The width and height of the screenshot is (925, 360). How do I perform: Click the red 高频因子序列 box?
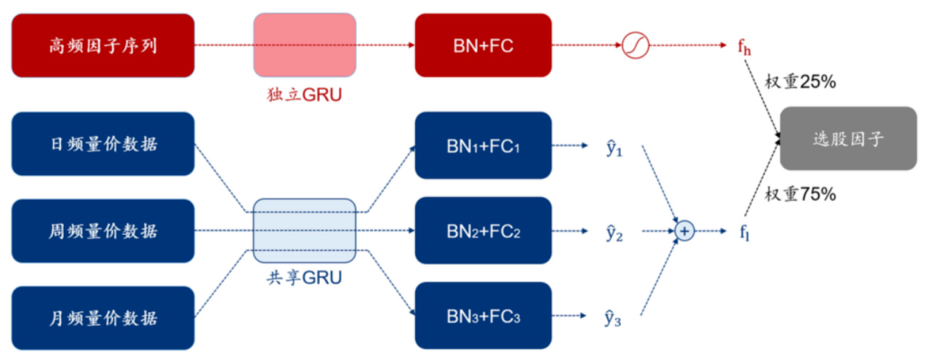click(x=103, y=45)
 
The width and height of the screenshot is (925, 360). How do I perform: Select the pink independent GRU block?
click(x=305, y=45)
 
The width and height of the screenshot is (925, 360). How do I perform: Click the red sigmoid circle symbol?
click(x=634, y=46)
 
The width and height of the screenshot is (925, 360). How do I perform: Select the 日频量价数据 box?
click(x=103, y=144)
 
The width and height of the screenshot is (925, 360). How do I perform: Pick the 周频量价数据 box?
click(x=103, y=231)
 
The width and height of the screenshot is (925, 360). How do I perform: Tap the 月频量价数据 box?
click(x=103, y=318)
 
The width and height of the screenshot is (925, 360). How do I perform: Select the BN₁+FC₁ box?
click(x=484, y=145)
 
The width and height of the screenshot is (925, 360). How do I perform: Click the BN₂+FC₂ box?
click(x=484, y=231)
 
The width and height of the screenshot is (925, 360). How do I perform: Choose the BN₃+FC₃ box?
click(x=484, y=317)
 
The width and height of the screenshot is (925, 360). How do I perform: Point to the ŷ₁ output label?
click(x=614, y=149)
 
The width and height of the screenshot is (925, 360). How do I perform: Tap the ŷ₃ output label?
click(x=614, y=318)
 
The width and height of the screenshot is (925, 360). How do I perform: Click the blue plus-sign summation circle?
click(x=684, y=231)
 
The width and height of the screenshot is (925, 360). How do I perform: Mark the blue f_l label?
click(x=744, y=232)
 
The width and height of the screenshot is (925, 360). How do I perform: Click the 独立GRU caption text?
click(x=305, y=95)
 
